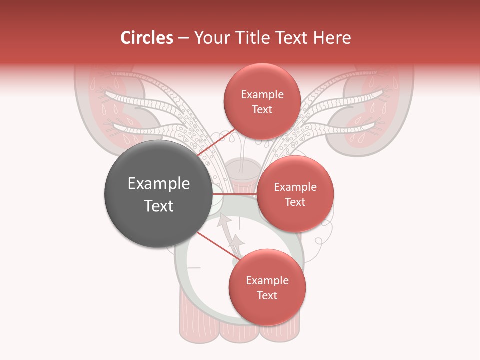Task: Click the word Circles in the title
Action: pyautogui.click(x=146, y=38)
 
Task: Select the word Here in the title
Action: pyautogui.click(x=331, y=38)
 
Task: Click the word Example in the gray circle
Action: pyautogui.click(x=159, y=184)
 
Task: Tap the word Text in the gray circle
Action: pyautogui.click(x=159, y=206)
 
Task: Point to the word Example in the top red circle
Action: pyautogui.click(x=262, y=94)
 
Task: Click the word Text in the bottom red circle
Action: pyautogui.click(x=267, y=295)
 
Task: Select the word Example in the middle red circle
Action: pyautogui.click(x=295, y=187)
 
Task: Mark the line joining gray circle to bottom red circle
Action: pyautogui.click(x=216, y=245)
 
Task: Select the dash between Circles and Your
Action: pyautogui.click(x=183, y=38)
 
